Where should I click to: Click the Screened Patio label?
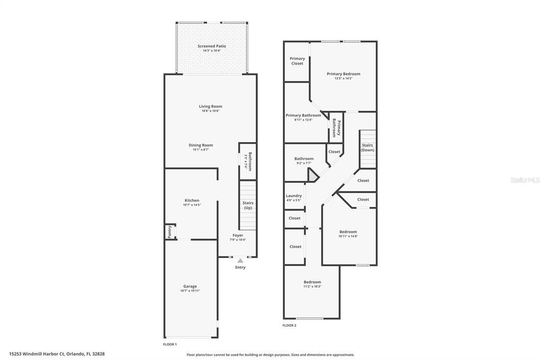212,46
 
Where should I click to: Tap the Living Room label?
210,107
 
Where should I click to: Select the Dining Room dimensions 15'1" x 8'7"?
201,150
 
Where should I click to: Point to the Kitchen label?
192,201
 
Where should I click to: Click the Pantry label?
170,232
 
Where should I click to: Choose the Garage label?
190,287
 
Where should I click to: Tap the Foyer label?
238,235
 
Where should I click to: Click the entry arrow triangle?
240,261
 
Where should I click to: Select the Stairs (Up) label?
248,205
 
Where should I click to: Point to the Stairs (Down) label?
367,148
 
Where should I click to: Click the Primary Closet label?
297,61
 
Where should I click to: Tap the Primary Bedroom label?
343,74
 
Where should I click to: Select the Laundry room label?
294,196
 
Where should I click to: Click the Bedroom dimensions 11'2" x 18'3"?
312,287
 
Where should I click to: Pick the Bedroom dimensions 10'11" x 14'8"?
348,236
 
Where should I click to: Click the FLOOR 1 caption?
170,344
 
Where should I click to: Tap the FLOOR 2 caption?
290,326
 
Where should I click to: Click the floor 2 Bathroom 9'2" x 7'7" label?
304,159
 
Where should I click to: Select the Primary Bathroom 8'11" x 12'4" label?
303,116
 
